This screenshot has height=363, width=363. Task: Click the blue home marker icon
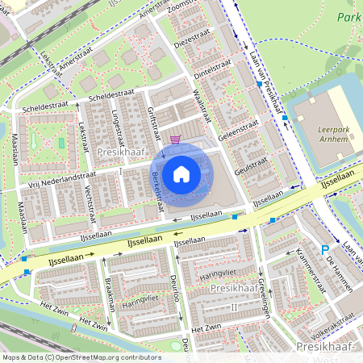tap(181, 173)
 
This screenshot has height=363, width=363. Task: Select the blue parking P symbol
tap(325, 251)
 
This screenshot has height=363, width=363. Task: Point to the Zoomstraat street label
tap(187, 10)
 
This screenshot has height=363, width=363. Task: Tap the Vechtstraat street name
tap(91, 198)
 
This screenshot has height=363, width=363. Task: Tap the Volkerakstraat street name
tap(330, 328)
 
